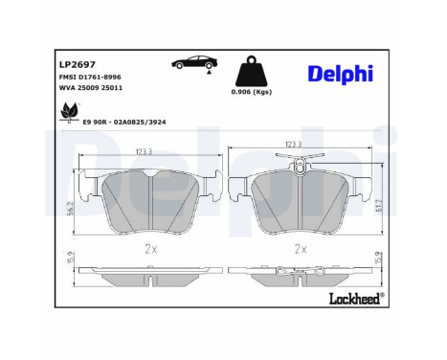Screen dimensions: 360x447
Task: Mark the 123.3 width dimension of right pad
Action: tap(299, 146)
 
